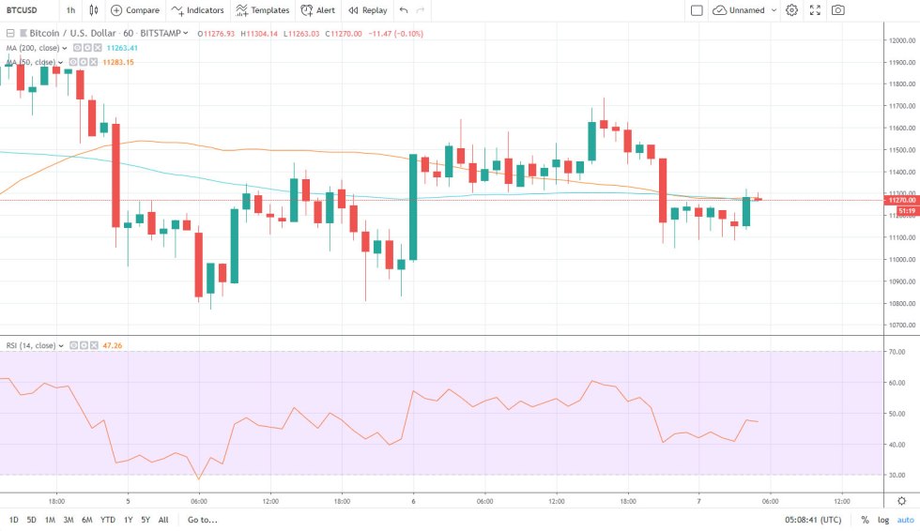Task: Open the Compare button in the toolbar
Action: tap(135, 10)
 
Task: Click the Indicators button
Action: tap(198, 10)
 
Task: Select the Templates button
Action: tap(262, 10)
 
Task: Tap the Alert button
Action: tap(318, 10)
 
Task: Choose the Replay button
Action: tap(367, 10)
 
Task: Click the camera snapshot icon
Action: tap(837, 10)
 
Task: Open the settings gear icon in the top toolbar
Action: tap(791, 10)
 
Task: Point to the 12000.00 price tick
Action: tap(902, 40)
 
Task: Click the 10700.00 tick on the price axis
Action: tap(902, 326)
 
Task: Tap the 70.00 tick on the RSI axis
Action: tap(897, 353)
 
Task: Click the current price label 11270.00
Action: tap(901, 200)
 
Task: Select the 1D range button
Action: tap(14, 520)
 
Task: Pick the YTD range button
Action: tap(108, 520)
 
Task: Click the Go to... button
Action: tap(202, 520)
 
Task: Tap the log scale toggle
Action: tap(882, 520)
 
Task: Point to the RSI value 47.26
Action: tap(112, 345)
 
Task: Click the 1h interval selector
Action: tap(71, 10)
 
